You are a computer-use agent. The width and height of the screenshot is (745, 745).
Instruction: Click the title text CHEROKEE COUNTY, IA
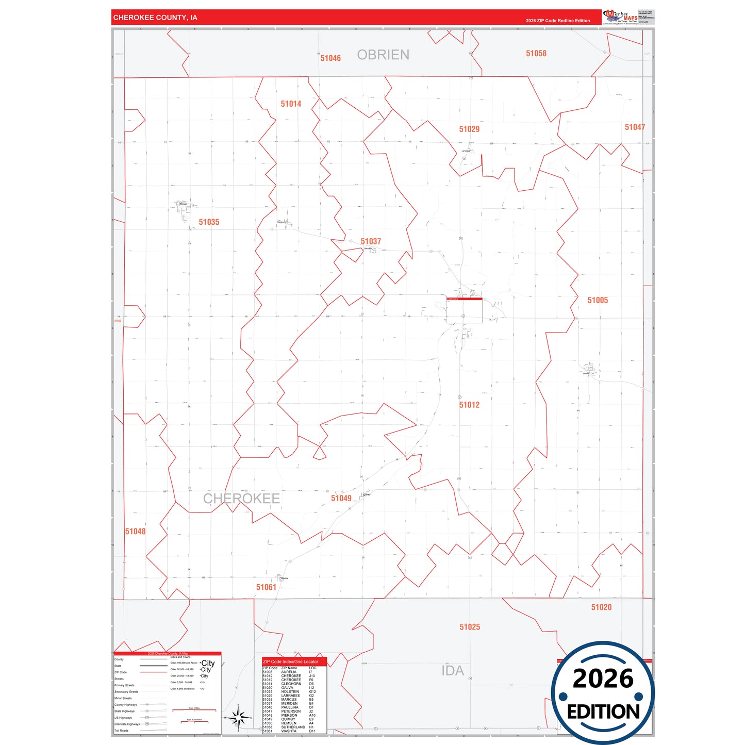click(x=155, y=18)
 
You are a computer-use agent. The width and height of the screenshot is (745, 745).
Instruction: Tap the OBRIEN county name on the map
click(x=383, y=55)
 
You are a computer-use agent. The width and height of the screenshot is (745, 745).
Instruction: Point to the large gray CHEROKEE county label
click(x=241, y=499)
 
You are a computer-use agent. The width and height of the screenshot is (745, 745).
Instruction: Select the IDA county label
click(x=453, y=671)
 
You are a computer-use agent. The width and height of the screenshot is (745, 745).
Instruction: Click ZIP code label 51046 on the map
click(x=330, y=58)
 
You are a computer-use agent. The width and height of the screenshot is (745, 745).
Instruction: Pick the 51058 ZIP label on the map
click(x=536, y=54)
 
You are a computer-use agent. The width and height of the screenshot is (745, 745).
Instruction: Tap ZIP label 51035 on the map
click(x=209, y=222)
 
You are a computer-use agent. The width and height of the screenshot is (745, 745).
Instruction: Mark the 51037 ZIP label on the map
click(x=371, y=242)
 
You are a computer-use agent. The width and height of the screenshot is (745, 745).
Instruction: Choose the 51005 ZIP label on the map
click(x=598, y=300)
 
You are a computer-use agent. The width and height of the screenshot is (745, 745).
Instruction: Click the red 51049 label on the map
click(x=341, y=498)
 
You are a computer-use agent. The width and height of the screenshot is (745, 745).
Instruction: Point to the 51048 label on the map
click(x=135, y=532)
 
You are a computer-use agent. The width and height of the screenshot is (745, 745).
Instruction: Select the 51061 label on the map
click(x=266, y=587)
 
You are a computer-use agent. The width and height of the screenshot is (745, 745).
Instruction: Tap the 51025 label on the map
click(x=470, y=627)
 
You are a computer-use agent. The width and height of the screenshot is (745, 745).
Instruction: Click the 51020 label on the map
click(x=601, y=607)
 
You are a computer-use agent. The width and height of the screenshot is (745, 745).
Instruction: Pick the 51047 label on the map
click(x=635, y=127)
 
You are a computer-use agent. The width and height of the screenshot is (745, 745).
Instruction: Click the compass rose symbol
click(x=238, y=717)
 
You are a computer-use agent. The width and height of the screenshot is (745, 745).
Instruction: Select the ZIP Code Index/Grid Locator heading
click(x=291, y=661)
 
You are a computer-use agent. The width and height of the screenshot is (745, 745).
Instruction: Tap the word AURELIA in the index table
click(x=289, y=672)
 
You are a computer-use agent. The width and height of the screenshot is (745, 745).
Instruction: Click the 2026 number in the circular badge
click(x=603, y=678)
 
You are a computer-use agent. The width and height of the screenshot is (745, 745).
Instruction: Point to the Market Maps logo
click(x=620, y=17)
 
